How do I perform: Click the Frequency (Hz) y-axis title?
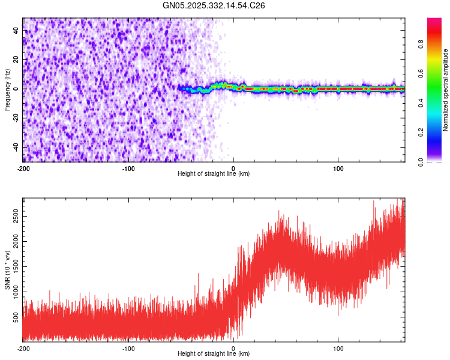click(x=7, y=90)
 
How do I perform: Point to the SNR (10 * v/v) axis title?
click(x=7, y=270)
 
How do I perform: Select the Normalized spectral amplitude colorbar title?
click(x=445, y=90)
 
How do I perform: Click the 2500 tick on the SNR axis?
click(x=13, y=214)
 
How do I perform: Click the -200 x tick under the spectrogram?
click(x=23, y=169)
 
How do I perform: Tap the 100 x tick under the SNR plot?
click(x=338, y=349)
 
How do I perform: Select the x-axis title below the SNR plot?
click(x=214, y=354)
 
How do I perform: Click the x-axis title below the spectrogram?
click(x=214, y=174)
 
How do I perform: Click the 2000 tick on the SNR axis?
click(x=13, y=239)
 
